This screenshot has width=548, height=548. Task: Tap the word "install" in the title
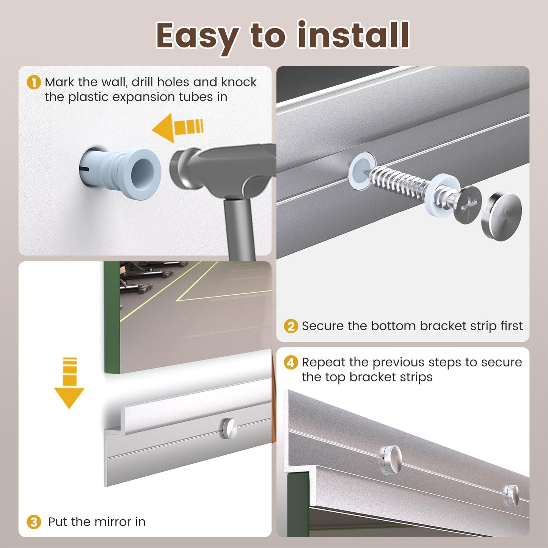click(x=353, y=35)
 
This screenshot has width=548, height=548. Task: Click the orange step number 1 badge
click(x=34, y=82)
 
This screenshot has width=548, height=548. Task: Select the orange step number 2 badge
click(x=291, y=326)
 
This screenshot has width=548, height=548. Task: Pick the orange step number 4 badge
click(x=291, y=363)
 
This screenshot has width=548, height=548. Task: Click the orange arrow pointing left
click(x=178, y=128)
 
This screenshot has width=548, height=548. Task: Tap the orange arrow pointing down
click(x=69, y=383)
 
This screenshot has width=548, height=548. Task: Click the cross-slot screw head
click(x=467, y=205)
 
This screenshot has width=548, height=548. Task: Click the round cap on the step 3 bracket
click(x=230, y=429)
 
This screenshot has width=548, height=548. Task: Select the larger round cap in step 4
click(x=392, y=460)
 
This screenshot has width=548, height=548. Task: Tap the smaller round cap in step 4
click(x=512, y=495)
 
